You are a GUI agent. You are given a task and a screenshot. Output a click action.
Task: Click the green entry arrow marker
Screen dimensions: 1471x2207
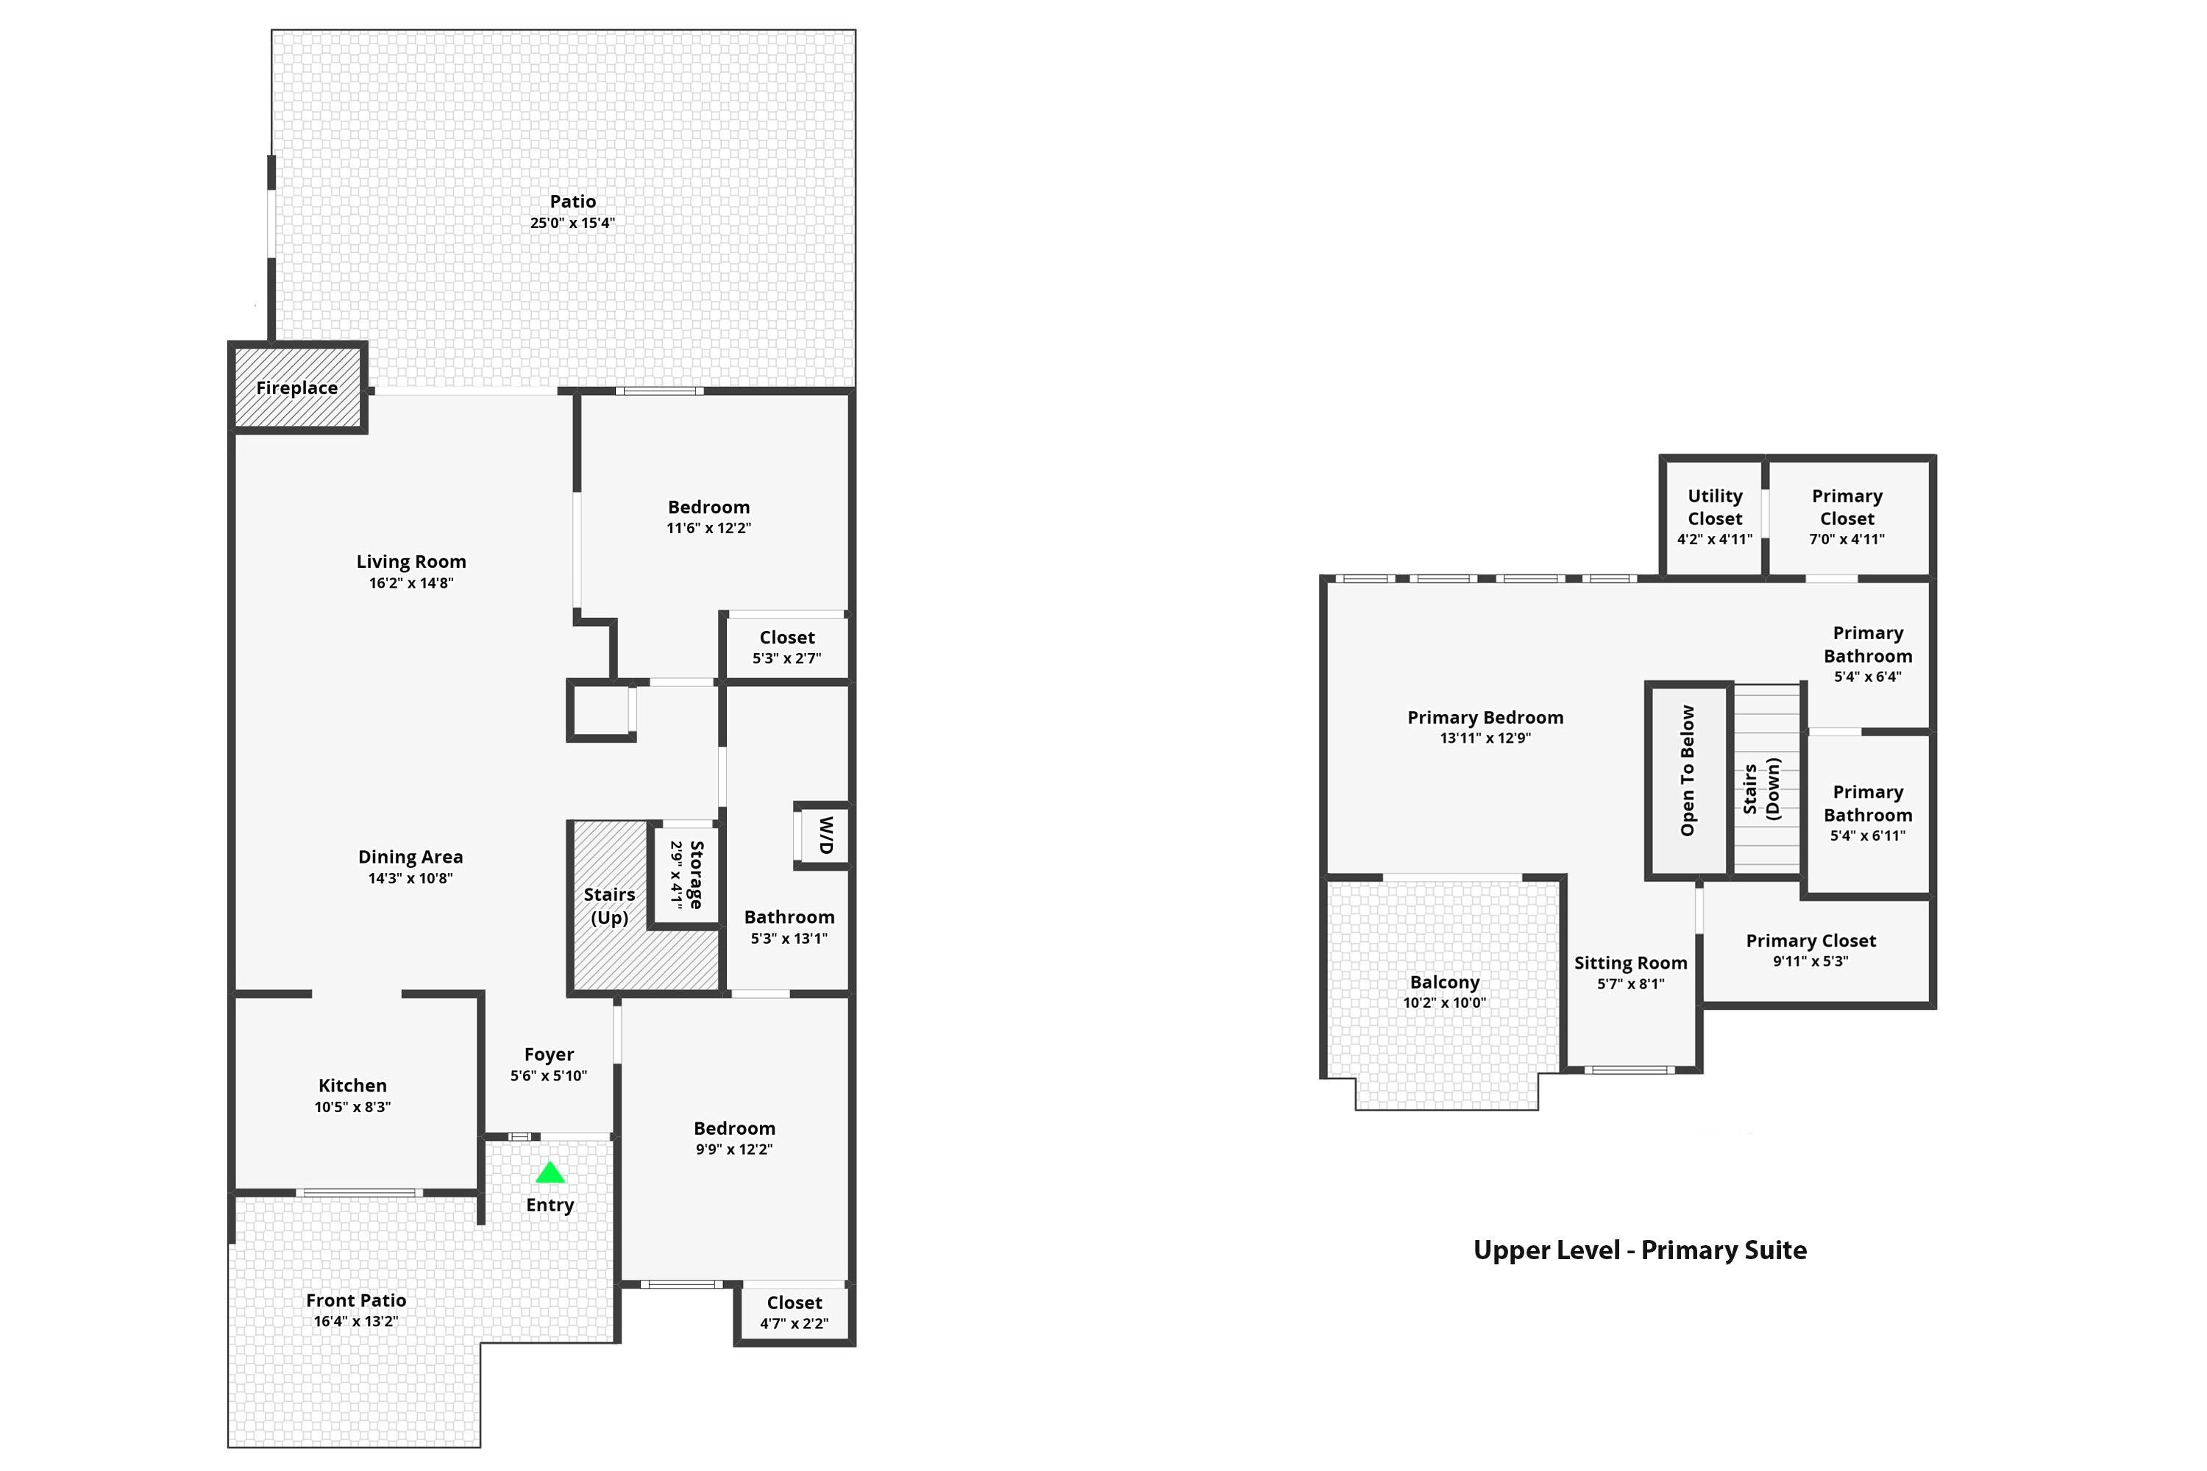click(x=550, y=1172)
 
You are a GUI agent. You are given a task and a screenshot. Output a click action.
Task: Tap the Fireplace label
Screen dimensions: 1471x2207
click(x=296, y=388)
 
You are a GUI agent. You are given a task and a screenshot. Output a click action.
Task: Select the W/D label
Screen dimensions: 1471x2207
click(x=825, y=834)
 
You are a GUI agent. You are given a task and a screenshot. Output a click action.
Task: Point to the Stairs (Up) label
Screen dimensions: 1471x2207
click(x=609, y=905)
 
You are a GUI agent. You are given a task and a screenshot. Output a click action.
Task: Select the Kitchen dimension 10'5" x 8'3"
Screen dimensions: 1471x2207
click(x=353, y=1107)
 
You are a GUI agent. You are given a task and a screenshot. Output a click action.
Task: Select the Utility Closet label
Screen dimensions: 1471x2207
click(x=1714, y=507)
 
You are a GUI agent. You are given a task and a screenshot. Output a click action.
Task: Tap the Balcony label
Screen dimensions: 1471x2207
click(x=1444, y=982)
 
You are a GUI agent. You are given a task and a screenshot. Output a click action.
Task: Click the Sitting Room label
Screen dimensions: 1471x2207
click(x=1630, y=963)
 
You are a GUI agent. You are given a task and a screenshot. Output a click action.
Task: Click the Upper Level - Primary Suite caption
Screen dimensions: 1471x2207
click(x=1639, y=1250)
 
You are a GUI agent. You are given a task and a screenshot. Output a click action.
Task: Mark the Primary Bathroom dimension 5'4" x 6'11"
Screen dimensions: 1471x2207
click(x=1867, y=836)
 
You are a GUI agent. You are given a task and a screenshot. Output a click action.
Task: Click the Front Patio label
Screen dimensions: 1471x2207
click(x=355, y=1300)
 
